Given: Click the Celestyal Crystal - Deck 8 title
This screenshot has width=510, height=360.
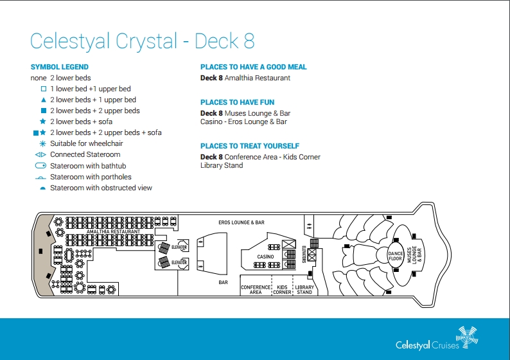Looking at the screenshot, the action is [142, 41].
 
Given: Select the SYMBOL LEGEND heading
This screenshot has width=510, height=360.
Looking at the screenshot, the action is [60, 67].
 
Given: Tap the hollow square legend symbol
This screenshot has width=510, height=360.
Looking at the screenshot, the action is [43, 89].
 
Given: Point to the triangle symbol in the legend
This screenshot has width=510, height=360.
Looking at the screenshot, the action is [43, 100].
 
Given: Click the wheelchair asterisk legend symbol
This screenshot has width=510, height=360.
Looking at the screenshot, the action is [42, 143].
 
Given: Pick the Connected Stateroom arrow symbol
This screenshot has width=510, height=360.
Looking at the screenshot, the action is [40, 155].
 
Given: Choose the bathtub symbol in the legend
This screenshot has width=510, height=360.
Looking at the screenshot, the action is [40, 166].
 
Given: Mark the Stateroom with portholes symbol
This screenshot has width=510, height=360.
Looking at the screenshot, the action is [40, 177].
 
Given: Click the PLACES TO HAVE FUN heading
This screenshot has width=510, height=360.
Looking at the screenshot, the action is [238, 102].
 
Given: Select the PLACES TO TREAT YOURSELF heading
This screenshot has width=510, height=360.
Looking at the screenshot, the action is [250, 146].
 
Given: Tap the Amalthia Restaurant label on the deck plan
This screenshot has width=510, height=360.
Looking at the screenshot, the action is [113, 231].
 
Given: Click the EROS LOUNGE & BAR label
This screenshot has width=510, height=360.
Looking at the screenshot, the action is [242, 222].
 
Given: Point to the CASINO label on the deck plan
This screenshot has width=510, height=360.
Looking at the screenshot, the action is [265, 256].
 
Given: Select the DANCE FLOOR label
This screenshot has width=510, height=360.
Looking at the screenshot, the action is [396, 256].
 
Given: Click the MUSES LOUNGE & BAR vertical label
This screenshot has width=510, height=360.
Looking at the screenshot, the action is [414, 255].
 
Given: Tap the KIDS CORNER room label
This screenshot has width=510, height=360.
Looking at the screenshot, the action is [282, 290].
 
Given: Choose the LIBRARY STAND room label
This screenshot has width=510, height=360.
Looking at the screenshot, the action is [304, 290].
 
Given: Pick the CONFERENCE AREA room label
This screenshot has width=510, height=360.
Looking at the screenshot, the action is [256, 290].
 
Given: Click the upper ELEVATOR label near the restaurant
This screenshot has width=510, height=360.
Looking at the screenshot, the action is [179, 247].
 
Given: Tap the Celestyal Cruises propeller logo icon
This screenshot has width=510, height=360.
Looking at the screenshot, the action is [467, 337].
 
